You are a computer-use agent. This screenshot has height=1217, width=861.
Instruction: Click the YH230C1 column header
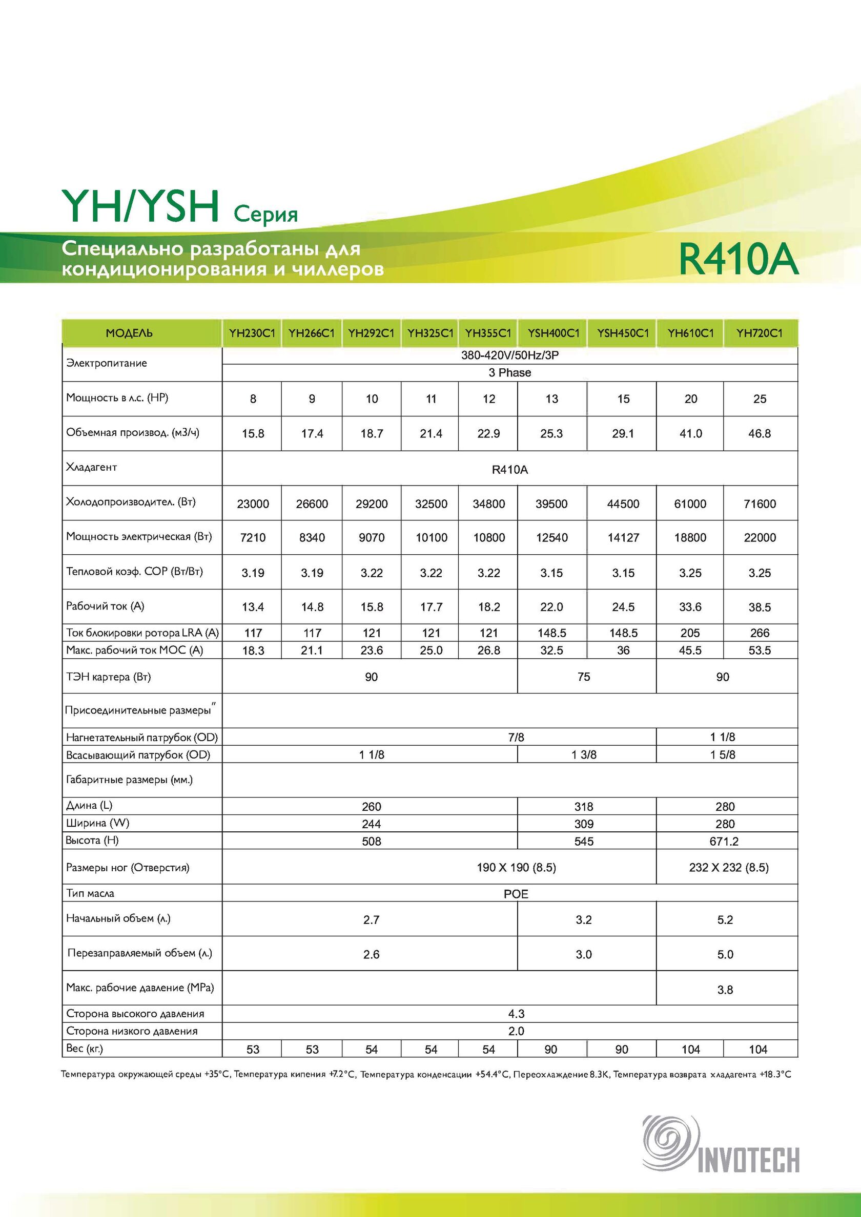[x=252, y=333]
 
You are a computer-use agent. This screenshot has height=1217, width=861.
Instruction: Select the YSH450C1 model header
[x=623, y=333]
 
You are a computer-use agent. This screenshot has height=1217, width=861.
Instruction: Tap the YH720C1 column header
[x=759, y=333]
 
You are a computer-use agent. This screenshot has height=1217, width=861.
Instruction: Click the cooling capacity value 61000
[x=690, y=503]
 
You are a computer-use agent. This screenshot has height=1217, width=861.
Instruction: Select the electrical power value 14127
[x=623, y=537]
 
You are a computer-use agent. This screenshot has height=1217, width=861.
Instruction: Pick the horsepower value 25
[x=759, y=398]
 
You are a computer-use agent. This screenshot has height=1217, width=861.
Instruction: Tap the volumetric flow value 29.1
[x=623, y=434]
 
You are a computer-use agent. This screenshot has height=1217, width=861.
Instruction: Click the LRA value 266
[x=759, y=633]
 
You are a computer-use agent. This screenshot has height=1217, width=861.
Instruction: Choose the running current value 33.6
[x=690, y=607]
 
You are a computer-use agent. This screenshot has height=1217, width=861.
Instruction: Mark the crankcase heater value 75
[x=584, y=677]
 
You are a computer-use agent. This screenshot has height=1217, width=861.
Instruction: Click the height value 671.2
[x=725, y=841]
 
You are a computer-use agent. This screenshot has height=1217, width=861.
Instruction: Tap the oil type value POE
[x=516, y=894]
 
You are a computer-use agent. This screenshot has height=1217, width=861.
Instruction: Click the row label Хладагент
[x=91, y=467]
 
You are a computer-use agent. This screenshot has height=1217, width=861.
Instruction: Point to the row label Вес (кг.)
[x=85, y=1048]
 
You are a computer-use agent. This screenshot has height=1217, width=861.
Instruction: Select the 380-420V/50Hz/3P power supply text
[x=510, y=355]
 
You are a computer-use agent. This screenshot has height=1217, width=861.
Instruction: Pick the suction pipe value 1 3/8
[x=584, y=755]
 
